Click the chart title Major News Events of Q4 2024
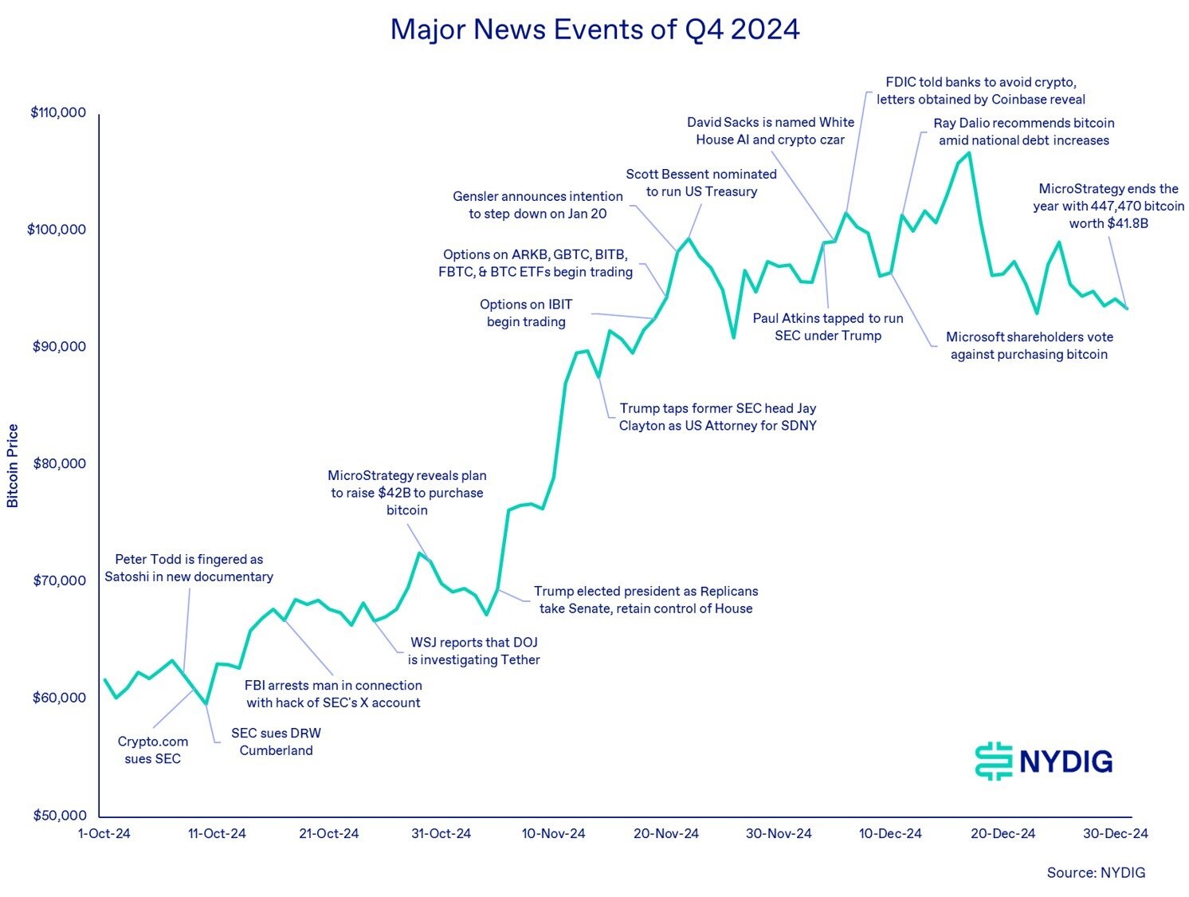tap(594, 30)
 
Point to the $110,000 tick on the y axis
tap(58, 112)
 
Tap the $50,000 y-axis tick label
tap(58, 815)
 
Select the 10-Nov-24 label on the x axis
tap(553, 833)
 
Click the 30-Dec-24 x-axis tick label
tap(1115, 833)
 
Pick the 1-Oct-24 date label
tap(104, 833)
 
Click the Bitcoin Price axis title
tap(13, 466)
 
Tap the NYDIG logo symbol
tap(993, 761)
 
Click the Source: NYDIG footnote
tap(1096, 872)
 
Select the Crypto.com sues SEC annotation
tap(153, 749)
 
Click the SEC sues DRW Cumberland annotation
tap(276, 742)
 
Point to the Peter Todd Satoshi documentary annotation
tap(189, 568)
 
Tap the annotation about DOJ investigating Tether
tap(474, 651)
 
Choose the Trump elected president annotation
tap(646, 600)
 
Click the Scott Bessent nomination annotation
tap(701, 183)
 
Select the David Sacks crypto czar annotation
tap(771, 131)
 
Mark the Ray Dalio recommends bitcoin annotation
tap(1024, 132)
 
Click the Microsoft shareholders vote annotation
tap(1029, 345)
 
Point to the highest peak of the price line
tap(968, 152)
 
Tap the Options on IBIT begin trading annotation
tap(526, 313)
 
